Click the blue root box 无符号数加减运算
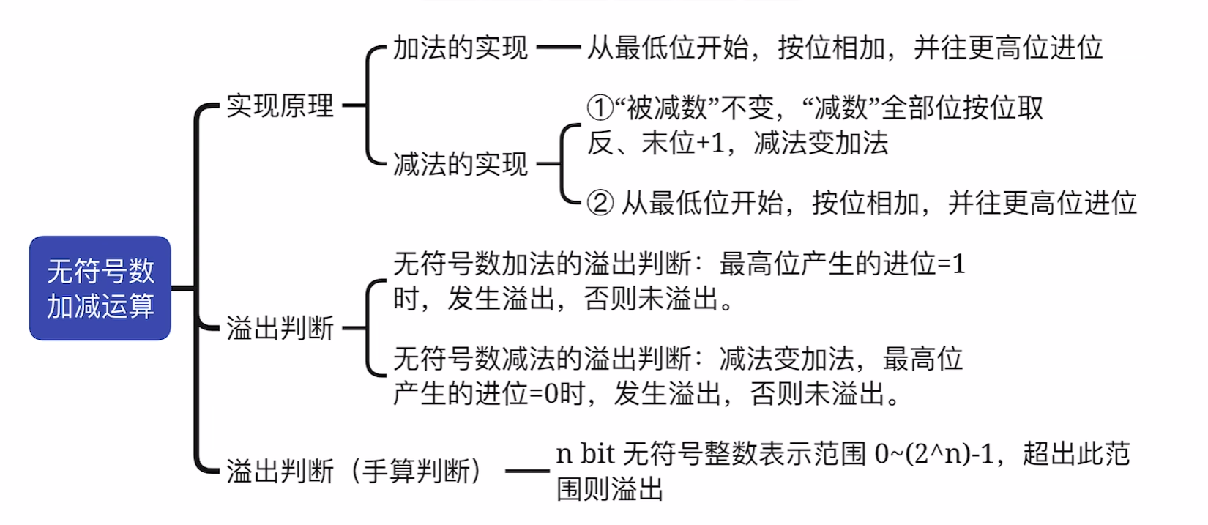(100, 288)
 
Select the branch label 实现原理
(280, 106)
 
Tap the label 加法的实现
(460, 48)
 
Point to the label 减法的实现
(460, 164)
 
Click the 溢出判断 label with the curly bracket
(280, 328)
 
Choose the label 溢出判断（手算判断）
(354, 471)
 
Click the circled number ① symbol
(600, 108)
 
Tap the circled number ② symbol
(600, 203)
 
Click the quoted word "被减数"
(666, 108)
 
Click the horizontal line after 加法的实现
(558, 48)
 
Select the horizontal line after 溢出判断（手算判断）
(527, 471)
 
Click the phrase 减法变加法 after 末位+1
(821, 143)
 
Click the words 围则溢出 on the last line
(609, 489)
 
